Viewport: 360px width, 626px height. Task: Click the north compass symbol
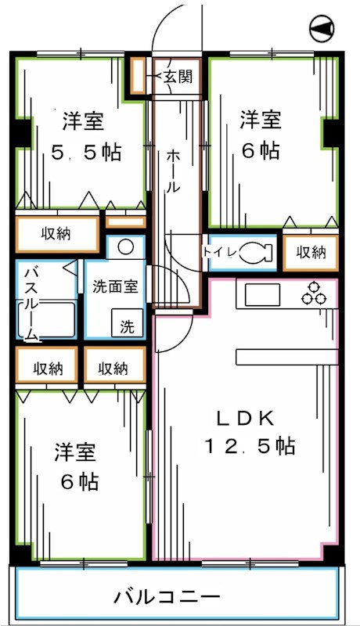322,30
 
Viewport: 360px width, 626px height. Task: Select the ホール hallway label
173,171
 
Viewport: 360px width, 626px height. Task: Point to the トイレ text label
217,252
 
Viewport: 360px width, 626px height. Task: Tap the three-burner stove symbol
315,294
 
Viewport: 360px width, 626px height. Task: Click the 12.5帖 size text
250,446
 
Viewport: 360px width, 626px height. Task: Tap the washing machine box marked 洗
127,325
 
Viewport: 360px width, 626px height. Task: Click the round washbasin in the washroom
125,248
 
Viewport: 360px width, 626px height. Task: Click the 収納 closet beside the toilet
311,253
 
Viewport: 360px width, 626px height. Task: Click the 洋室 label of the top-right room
261,121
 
